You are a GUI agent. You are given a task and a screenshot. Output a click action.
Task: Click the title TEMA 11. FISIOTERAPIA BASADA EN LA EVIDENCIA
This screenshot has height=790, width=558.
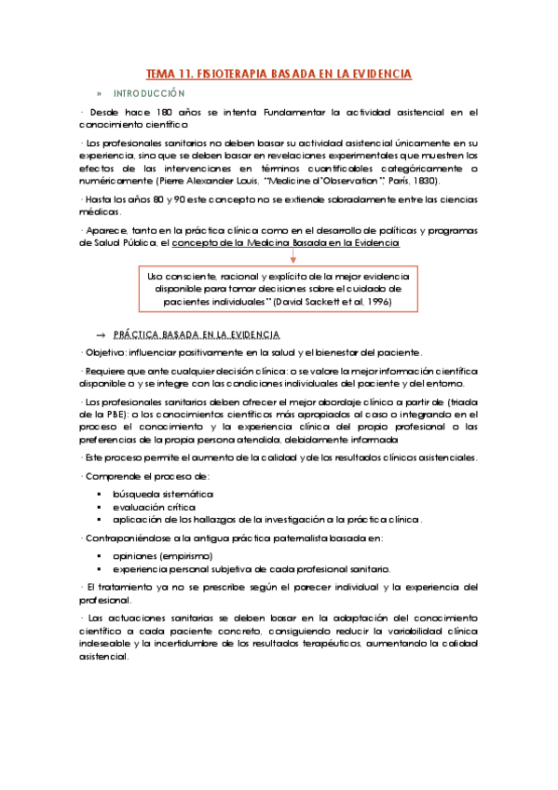click(279, 74)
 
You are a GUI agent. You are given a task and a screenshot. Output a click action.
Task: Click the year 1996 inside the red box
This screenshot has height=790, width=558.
click(377, 303)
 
